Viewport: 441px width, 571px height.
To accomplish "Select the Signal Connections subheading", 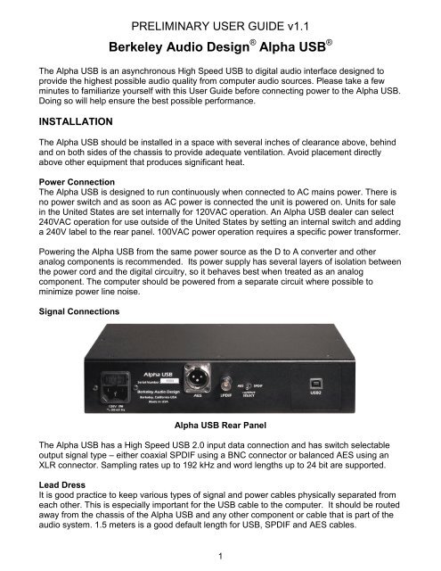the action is [86, 313].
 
